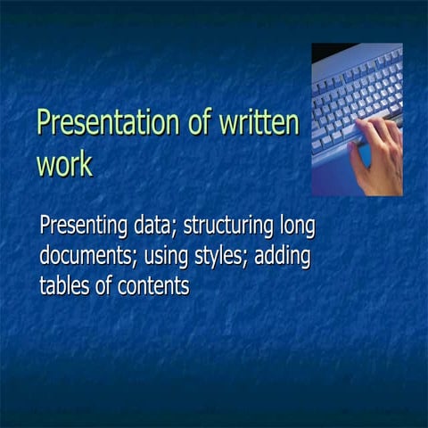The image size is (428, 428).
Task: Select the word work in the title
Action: click(64, 165)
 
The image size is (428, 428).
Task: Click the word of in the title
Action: click(200, 124)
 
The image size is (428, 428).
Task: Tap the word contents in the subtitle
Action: click(153, 285)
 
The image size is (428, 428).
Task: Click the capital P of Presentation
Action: click(45, 124)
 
